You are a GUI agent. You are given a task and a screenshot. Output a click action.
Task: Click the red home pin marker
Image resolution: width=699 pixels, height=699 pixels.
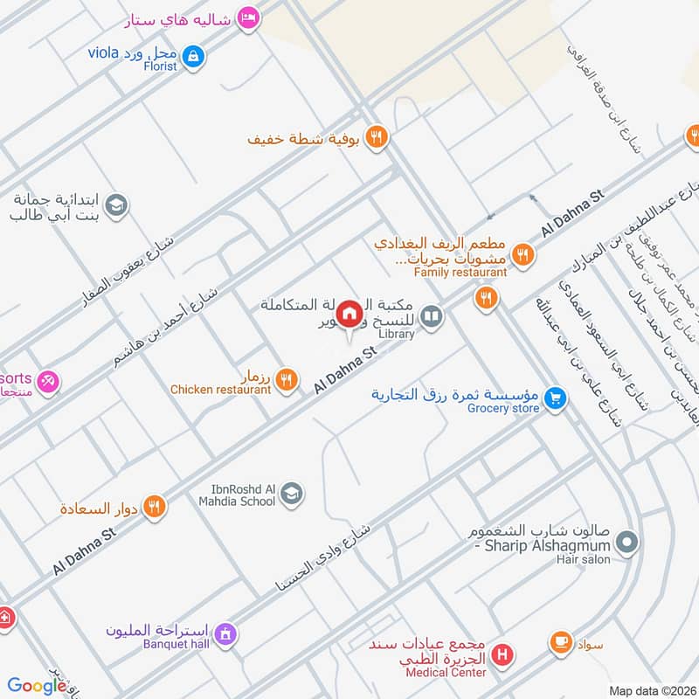pyautogui.click(x=349, y=313)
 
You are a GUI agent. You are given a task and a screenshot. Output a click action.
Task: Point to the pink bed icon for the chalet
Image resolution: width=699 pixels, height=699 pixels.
pyautogui.click(x=249, y=17)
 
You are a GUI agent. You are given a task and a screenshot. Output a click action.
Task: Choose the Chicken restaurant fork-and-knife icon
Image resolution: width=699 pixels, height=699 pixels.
pyautogui.click(x=286, y=379)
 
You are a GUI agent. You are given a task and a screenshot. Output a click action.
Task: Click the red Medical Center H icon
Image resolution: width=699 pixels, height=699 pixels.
pyautogui.click(x=502, y=654)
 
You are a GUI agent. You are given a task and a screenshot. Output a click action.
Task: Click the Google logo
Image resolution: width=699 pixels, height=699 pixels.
pyautogui.click(x=37, y=686)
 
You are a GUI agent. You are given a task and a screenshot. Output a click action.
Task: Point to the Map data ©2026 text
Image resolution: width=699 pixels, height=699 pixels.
pyautogui.click(x=650, y=690)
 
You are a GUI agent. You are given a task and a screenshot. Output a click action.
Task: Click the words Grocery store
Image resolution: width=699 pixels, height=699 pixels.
pyautogui.click(x=503, y=408)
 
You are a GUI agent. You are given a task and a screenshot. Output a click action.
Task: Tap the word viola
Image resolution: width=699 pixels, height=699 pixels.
pyautogui.click(x=103, y=52)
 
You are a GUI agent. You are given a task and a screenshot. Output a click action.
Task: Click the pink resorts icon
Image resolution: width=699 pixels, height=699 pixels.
pyautogui.click(x=48, y=380)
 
